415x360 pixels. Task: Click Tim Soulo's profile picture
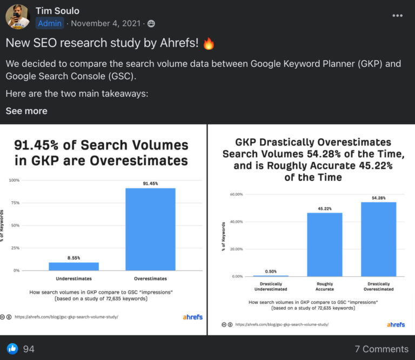pos(17,17)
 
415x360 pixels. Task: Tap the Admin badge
pos(50,23)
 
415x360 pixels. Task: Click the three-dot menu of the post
pos(398,16)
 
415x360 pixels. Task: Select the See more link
pos(26,111)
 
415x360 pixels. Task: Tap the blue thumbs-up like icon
pos(11,349)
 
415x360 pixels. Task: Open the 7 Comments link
pos(381,349)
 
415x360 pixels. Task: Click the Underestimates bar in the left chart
pos(73,266)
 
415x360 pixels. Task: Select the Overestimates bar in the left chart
pos(150,229)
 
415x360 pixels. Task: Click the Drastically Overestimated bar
pos(378,239)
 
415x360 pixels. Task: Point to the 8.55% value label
pos(73,258)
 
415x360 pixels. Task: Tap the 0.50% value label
pos(271,271)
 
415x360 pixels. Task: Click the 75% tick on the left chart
pos(15,202)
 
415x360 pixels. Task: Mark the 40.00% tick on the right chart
pos(237,221)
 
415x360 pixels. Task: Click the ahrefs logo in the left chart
pos(192,317)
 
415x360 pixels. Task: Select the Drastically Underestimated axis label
pos(271,287)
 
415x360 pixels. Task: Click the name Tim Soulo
pos(57,10)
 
